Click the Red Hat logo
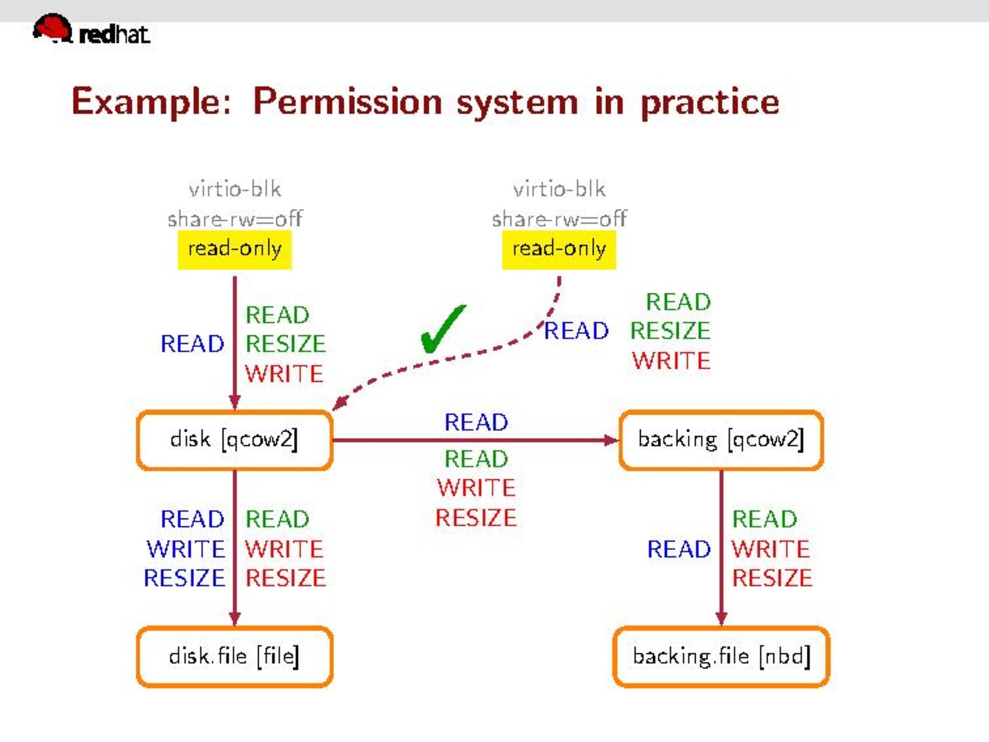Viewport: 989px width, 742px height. point(91,30)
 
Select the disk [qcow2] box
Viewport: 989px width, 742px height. point(234,440)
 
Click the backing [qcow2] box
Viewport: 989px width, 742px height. point(721,440)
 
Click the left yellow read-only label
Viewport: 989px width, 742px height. point(234,249)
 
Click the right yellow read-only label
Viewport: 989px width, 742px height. point(559,249)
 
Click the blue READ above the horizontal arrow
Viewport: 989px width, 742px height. point(476,423)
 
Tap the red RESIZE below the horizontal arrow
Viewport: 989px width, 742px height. point(476,518)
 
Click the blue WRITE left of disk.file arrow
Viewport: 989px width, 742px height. point(186,549)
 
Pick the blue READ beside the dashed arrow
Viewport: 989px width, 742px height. point(576,331)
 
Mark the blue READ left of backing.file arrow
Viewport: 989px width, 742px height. point(679,549)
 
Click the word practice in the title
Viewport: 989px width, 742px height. point(710,102)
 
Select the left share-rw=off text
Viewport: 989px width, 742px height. point(234,218)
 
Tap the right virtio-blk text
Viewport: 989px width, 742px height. point(559,190)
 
